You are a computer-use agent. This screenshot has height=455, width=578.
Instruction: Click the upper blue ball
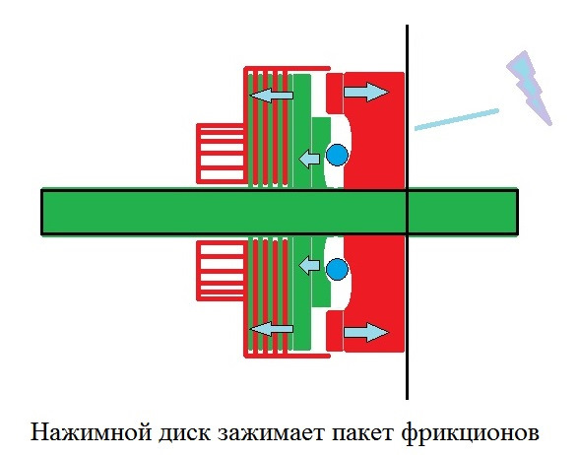[337, 155]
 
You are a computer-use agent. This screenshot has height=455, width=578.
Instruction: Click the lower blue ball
[337, 269]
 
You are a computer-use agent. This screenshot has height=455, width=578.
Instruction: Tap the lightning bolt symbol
[530, 88]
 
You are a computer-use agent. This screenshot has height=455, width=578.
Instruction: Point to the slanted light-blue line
[457, 119]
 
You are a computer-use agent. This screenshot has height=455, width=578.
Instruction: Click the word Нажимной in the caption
[91, 432]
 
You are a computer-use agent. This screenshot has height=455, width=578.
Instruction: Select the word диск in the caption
[184, 432]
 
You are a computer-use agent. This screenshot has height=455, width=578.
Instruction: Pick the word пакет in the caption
[362, 432]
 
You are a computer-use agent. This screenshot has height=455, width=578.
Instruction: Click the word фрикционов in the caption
[470, 432]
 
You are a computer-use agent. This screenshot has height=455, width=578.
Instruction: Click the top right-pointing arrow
[366, 92]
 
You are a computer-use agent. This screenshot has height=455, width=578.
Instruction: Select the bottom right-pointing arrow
[366, 332]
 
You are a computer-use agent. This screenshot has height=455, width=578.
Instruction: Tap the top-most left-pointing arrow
[272, 96]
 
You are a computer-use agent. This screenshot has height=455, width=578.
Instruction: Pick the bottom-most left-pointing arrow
[272, 329]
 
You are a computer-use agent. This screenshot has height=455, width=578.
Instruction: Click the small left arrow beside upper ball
[309, 159]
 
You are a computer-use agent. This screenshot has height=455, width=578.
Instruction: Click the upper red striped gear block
[220, 154]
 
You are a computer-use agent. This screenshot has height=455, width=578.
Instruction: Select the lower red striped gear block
[220, 271]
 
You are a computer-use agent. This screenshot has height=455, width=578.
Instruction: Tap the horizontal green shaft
[280, 212]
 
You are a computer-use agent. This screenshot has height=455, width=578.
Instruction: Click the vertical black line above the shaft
[407, 107]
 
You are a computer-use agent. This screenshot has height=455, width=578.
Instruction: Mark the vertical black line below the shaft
[407, 317]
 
